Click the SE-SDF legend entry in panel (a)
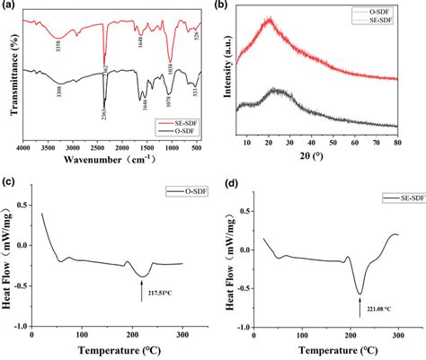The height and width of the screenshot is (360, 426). (x=181, y=120)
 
